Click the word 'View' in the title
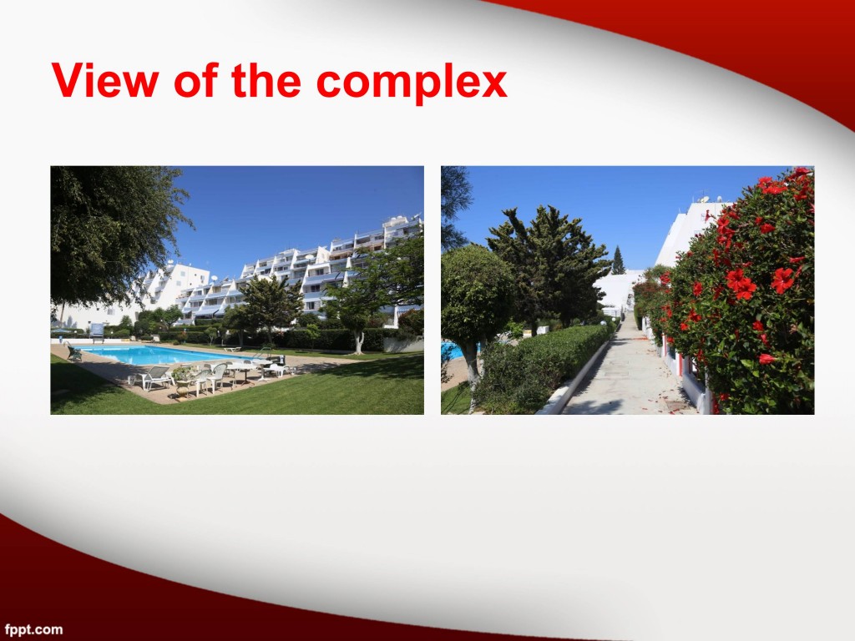[x=105, y=80]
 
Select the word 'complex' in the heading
[x=412, y=83]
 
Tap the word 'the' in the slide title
[x=266, y=80]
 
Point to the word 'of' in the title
[x=196, y=80]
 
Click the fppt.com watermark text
[x=33, y=629]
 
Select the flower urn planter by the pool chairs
[x=183, y=381]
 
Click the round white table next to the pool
[x=243, y=369]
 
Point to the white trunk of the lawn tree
[x=359, y=341]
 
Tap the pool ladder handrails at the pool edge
[x=264, y=352]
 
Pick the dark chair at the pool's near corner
[x=74, y=353]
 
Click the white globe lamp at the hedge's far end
[x=603, y=323]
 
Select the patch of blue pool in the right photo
[x=452, y=351]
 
